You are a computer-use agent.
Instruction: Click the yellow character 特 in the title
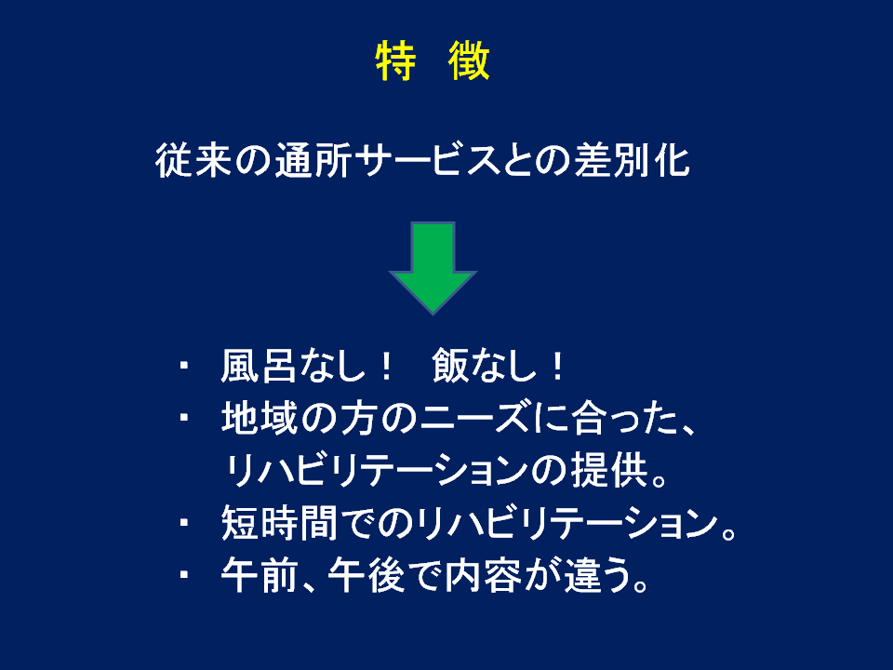coord(396,60)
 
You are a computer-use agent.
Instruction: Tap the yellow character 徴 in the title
coord(469,60)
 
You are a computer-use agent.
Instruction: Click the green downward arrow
coord(433,268)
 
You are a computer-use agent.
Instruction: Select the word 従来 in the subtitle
coord(193,160)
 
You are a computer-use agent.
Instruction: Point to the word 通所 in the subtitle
coord(313,160)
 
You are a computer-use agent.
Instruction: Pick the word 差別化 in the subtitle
coord(633,160)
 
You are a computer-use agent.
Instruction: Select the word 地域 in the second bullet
coord(260,418)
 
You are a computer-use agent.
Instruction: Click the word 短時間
coord(279,522)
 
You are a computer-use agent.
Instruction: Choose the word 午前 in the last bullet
coord(260,575)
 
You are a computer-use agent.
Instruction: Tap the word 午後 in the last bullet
coord(367,575)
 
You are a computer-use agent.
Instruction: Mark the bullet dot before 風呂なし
coord(183,365)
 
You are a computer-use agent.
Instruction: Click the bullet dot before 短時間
coord(183,522)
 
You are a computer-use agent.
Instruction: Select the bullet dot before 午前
coord(183,575)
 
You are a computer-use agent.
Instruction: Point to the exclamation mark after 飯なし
coord(557,366)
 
